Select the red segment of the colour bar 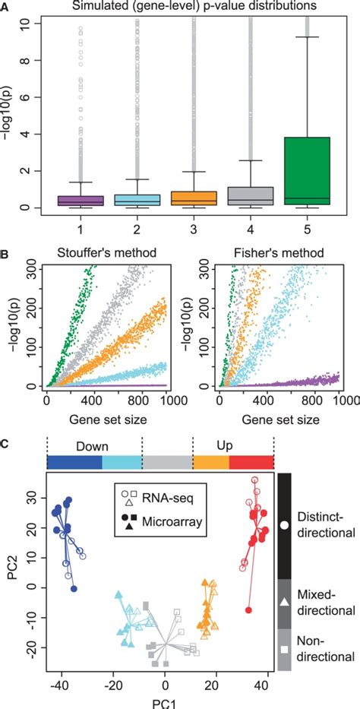(251, 463)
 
